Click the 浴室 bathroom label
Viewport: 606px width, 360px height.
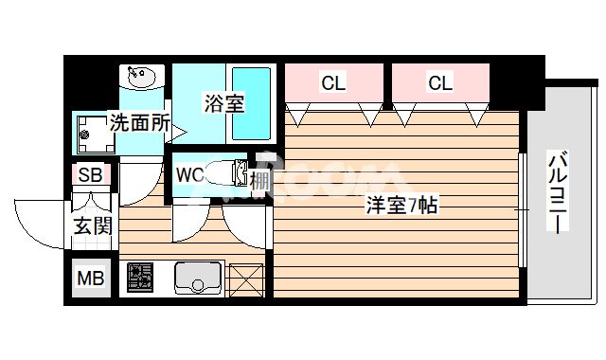pyautogui.click(x=224, y=103)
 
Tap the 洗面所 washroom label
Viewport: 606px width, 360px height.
pyautogui.click(x=140, y=121)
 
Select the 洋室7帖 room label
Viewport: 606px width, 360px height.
pyautogui.click(x=401, y=204)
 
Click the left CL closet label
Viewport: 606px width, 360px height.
pyautogui.click(x=333, y=83)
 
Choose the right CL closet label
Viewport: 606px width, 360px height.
pyautogui.click(x=439, y=83)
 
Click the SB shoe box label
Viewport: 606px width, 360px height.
pyautogui.click(x=91, y=175)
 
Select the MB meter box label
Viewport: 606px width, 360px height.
pyautogui.click(x=91, y=279)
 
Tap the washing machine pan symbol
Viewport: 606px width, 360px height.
pyautogui.click(x=95, y=135)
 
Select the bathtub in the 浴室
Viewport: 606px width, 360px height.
pyautogui.click(x=251, y=102)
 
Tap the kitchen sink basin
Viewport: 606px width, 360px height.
pyautogui.click(x=198, y=279)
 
